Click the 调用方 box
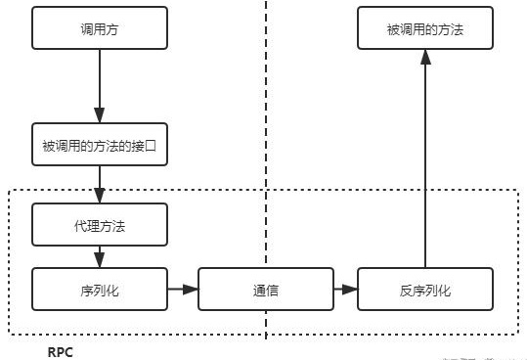tap(99, 29)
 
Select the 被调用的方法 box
tap(424, 29)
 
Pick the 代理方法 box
tap(99, 225)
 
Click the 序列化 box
tap(99, 290)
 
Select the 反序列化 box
tap(425, 290)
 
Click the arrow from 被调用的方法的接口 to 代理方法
tap(99, 186)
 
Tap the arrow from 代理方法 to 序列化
tap(99, 256)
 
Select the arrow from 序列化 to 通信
tap(181, 290)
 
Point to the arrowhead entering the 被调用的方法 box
tap(425, 58)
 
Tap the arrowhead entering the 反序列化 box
tap(352, 290)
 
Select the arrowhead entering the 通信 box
tap(192, 290)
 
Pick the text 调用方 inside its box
tap(99, 29)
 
